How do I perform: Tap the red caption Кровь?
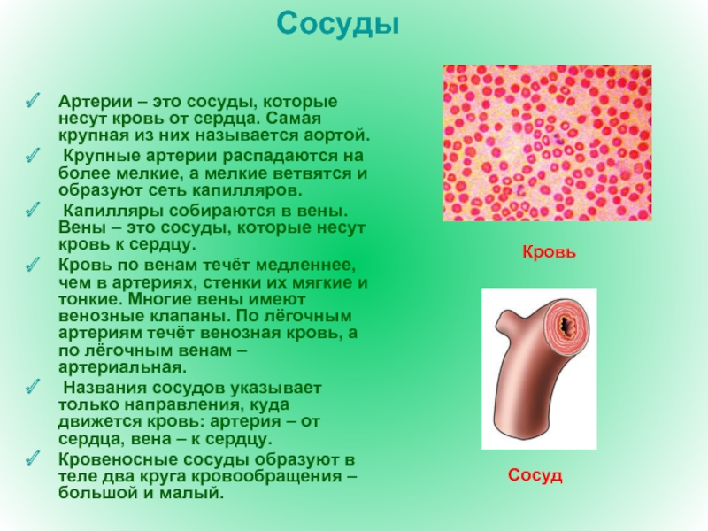549,252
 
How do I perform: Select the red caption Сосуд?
535,475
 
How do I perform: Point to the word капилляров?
247,190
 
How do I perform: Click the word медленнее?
305,265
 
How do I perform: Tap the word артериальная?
122,366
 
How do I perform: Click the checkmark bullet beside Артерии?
32,101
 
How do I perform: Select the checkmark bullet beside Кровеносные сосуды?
32,458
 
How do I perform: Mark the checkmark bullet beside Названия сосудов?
32,387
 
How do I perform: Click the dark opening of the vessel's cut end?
566,326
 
